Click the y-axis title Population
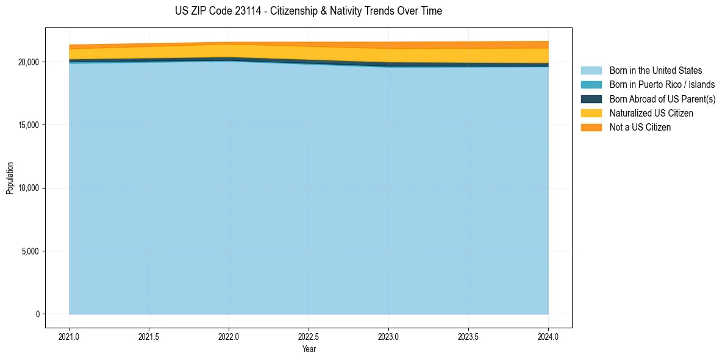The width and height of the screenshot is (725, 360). pos(10,178)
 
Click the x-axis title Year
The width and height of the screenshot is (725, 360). pos(309,349)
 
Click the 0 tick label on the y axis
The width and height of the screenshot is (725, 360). pos(37,314)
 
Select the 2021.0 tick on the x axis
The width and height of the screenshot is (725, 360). pos(70,336)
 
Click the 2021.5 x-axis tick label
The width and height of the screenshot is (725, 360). pos(149,336)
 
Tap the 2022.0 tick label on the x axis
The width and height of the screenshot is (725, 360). pos(229,336)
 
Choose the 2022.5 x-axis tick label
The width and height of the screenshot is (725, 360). pos(309,336)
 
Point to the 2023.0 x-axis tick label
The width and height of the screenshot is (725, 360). pos(388,336)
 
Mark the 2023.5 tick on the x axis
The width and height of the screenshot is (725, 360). pos(468,336)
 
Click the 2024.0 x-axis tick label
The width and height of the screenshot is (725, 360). pos(548,336)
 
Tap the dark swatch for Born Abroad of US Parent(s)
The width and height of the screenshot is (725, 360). pos(591,99)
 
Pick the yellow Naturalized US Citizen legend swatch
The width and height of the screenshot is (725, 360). pos(591,113)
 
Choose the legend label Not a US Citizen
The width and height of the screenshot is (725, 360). pos(640,128)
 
